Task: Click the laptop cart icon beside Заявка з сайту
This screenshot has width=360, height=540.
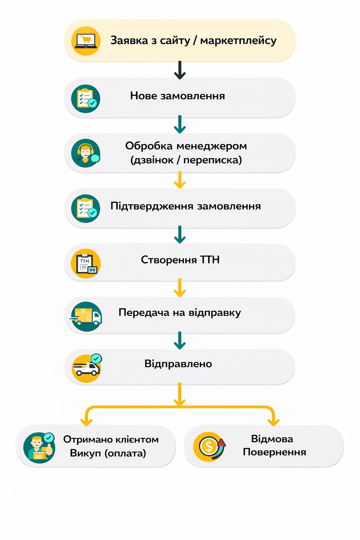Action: coord(86,41)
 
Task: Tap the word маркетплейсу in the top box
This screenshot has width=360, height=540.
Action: coord(238,41)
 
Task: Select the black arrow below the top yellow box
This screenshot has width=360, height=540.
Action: coord(180,70)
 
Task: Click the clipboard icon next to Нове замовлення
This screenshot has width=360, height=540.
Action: coord(86,99)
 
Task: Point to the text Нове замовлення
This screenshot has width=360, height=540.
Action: coord(177,96)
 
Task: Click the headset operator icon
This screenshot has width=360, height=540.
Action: coord(86,154)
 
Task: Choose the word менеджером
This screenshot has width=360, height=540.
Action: coord(212,146)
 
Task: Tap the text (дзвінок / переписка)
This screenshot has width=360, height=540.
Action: coord(186,160)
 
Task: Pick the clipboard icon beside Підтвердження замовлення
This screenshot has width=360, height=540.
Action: coord(86,208)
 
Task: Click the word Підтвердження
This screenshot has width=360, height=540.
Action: coord(152,206)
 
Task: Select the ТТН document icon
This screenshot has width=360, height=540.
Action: coord(86,264)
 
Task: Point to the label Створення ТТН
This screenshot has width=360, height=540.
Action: coord(180,260)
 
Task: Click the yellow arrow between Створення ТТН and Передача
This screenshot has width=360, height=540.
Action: coord(180,288)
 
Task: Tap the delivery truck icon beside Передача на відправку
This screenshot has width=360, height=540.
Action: coord(86,316)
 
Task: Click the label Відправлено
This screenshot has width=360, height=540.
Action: coord(178,364)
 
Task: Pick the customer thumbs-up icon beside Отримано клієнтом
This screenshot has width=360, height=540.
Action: coord(39,448)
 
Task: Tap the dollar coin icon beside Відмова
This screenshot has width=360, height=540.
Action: coord(209,447)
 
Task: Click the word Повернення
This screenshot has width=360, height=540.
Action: coord(274,452)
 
